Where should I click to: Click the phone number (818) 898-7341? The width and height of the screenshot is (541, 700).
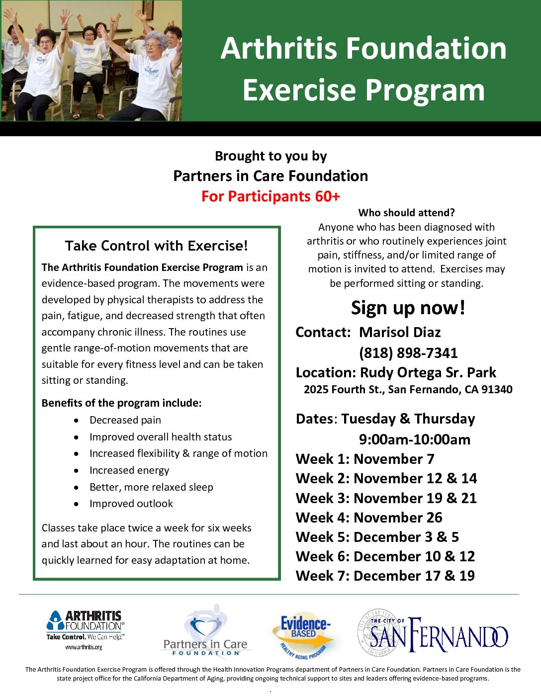click(408, 353)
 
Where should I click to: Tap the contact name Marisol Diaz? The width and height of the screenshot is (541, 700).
click(400, 332)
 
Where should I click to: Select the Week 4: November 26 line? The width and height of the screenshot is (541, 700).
click(369, 518)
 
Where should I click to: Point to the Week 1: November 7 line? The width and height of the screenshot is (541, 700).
click(365, 459)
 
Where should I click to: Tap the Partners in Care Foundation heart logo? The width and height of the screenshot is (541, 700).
click(205, 630)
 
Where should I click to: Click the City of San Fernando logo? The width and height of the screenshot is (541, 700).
click(433, 632)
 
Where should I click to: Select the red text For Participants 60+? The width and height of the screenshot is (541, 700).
click(270, 196)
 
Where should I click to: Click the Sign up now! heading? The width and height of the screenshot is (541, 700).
click(408, 307)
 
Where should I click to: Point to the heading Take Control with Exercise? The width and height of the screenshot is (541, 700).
click(157, 246)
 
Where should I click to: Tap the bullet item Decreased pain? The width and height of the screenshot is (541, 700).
click(125, 420)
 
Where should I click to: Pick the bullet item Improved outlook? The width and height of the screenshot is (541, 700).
click(131, 504)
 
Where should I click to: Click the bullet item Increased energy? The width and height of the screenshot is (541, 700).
click(129, 470)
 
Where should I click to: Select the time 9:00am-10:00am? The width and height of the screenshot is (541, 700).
click(415, 439)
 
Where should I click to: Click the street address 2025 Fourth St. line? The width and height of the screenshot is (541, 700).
click(408, 389)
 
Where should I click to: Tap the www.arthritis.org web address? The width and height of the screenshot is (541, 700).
click(84, 647)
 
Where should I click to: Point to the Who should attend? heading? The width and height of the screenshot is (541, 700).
click(406, 213)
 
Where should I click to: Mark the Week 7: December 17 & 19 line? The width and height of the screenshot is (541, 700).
click(385, 576)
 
